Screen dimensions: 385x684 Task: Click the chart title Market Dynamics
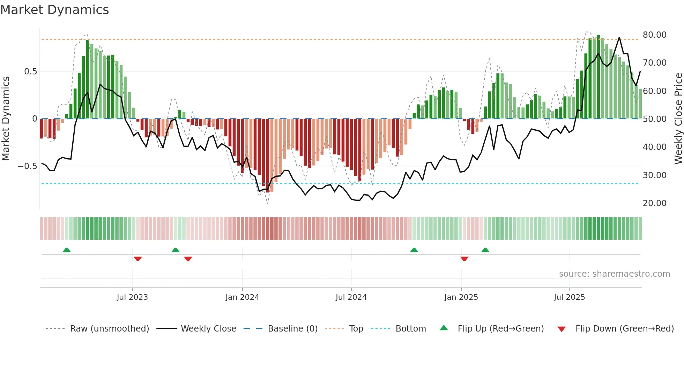(x=54, y=10)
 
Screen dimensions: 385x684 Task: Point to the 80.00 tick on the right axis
(x=654, y=35)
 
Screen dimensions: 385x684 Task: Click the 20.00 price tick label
(x=654, y=203)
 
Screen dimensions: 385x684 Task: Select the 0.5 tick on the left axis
(x=30, y=72)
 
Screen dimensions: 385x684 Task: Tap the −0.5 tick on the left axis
(x=27, y=166)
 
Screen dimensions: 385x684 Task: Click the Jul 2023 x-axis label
(x=132, y=297)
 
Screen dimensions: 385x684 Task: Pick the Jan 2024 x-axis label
(x=242, y=297)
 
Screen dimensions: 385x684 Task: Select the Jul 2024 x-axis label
(x=351, y=297)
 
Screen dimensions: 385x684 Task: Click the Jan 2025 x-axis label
(x=461, y=297)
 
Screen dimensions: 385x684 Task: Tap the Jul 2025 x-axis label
(x=569, y=297)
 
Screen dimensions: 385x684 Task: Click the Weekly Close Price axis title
(x=678, y=119)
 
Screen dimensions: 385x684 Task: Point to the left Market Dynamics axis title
(x=6, y=119)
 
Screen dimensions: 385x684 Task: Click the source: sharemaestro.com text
(x=614, y=274)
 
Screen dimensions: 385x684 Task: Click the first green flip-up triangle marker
(x=67, y=250)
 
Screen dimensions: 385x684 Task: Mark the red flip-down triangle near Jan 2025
(x=464, y=259)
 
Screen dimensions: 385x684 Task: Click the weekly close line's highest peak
(x=619, y=37)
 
